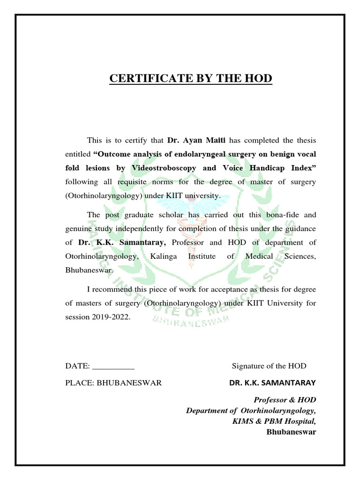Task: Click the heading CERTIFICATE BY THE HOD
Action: (x=190, y=78)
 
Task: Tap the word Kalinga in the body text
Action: (x=165, y=256)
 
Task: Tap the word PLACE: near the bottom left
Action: (x=80, y=382)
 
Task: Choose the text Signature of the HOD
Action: (x=269, y=366)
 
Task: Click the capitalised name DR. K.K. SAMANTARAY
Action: (x=272, y=382)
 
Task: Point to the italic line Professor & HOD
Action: (x=285, y=399)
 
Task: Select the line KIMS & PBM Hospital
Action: (x=274, y=421)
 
